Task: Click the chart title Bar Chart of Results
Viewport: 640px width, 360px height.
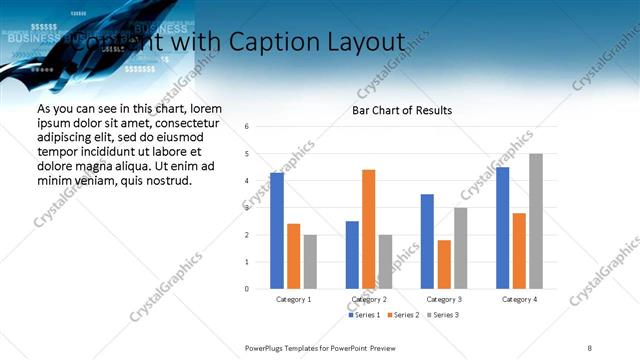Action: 402,110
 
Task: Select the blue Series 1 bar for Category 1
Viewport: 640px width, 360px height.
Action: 276,231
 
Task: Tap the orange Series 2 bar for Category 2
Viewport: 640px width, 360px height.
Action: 368,229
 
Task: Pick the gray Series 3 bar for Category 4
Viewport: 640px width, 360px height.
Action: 536,221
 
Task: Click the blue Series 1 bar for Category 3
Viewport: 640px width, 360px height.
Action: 427,241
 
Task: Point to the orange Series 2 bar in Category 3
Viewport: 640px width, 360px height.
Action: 444,264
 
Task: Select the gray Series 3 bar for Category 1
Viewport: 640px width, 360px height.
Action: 310,262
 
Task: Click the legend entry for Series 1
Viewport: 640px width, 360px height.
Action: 364,315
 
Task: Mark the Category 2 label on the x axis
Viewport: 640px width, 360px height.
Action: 369,299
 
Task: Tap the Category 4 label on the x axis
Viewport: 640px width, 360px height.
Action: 519,299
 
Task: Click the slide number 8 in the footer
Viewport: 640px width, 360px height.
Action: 590,348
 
